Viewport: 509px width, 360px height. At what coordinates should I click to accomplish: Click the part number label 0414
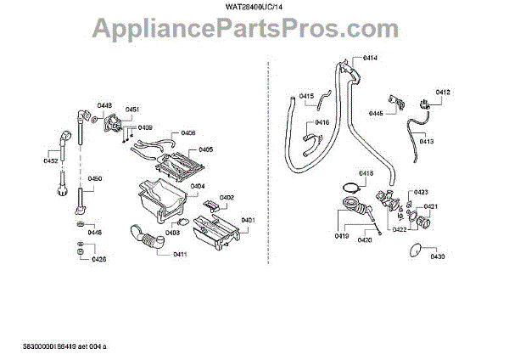(370, 58)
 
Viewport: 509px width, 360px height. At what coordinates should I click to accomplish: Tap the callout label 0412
(443, 92)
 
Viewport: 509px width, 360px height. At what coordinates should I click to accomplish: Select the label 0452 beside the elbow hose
(51, 160)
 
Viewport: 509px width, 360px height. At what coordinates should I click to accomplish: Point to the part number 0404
(197, 186)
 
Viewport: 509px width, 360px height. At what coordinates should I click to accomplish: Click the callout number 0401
(248, 221)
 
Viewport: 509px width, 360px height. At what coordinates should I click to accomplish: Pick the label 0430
(437, 256)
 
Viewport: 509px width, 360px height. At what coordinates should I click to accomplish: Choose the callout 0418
(366, 173)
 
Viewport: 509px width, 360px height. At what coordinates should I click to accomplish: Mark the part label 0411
(180, 255)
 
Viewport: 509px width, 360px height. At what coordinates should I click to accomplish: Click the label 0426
(98, 258)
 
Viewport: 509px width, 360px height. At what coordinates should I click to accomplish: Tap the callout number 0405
(204, 149)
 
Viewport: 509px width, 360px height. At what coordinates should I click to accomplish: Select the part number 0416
(322, 123)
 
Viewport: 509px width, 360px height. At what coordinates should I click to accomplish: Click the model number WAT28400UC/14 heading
(254, 8)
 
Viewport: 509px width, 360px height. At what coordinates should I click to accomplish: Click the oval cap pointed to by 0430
(414, 249)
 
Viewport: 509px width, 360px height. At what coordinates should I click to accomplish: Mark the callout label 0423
(421, 192)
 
